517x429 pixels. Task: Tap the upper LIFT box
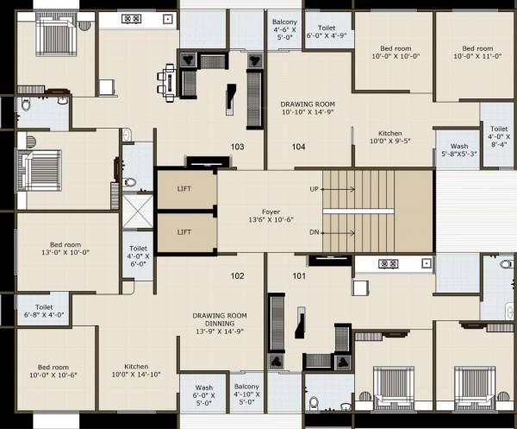pyautogui.click(x=184, y=189)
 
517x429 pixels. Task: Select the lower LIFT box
pyautogui.click(x=184, y=231)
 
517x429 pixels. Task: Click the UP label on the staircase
pyautogui.click(x=314, y=188)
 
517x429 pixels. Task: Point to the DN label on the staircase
pyautogui.click(x=314, y=231)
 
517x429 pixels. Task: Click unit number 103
pyautogui.click(x=238, y=147)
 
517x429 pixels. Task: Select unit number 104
pyautogui.click(x=298, y=147)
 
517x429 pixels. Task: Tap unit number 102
pyautogui.click(x=238, y=277)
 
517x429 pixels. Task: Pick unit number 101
pyautogui.click(x=298, y=277)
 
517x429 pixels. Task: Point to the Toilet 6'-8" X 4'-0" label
pyautogui.click(x=44, y=311)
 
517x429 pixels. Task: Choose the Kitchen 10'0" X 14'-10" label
pyautogui.click(x=136, y=369)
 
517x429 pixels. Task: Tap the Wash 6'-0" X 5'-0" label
pyautogui.click(x=203, y=394)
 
